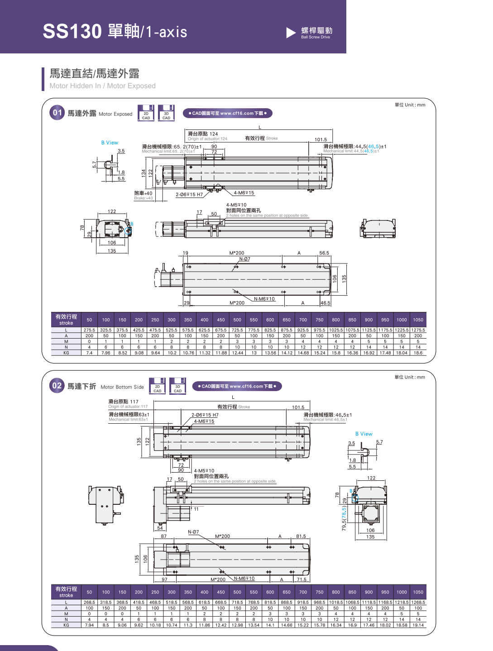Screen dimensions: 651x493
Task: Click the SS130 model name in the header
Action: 72,31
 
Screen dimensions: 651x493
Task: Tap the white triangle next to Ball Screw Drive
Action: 291,33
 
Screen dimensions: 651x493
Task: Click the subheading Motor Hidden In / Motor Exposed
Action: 102,86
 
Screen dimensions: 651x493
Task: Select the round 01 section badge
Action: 57,113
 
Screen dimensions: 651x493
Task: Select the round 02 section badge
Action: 57,386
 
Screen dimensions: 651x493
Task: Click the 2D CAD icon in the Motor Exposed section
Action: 146,113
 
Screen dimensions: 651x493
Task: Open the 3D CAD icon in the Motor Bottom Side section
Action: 177,386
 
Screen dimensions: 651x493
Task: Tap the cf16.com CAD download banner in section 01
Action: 227,113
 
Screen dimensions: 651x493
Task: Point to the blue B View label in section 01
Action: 110,143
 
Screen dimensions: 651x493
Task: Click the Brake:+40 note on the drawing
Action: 144,198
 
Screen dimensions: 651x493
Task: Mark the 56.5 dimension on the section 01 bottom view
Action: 324,253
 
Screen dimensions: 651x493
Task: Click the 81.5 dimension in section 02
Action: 301,536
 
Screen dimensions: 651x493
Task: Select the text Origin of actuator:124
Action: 207,139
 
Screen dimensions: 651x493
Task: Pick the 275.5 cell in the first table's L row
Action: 89,330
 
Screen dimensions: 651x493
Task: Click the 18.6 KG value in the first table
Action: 418,353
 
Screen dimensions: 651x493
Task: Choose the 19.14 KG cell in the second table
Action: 418,625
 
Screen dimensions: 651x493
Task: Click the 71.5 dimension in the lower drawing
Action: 302,579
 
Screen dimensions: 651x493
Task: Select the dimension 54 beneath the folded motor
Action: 160,528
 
